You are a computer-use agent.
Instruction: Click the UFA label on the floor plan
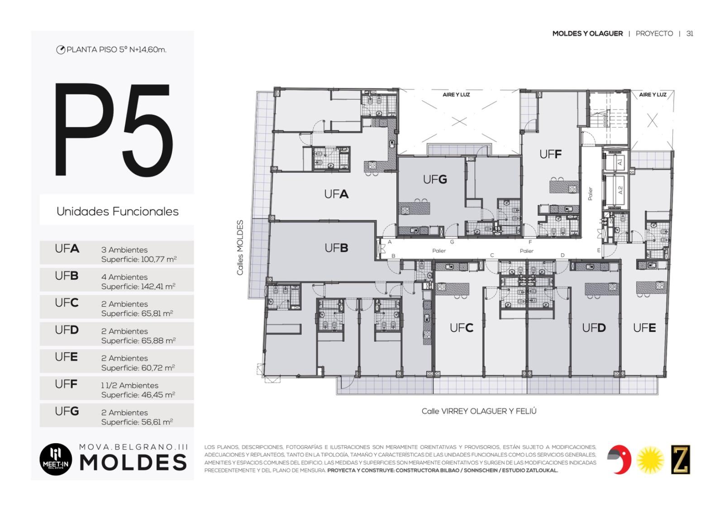pos(336,194)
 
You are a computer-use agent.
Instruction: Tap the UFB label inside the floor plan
pos(336,248)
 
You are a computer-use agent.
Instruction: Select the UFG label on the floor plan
pos(435,179)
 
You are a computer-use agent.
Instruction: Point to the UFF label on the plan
pos(550,154)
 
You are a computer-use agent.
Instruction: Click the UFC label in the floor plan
pos(462,328)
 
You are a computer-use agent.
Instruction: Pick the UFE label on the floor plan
pos(644,328)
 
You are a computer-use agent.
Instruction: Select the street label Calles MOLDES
pos(240,247)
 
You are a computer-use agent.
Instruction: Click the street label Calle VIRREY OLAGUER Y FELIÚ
pos(479,411)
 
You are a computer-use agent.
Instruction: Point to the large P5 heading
pos(113,130)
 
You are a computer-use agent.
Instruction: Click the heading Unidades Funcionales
pos(117,211)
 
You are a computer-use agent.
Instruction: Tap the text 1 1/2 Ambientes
pos(129,385)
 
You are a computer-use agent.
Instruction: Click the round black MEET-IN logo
pos(56,459)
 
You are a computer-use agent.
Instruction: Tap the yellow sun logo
pos(650,460)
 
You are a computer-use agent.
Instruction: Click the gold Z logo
pos(681,459)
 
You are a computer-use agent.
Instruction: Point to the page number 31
pos(690,33)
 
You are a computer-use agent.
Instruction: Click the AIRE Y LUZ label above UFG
pos(456,95)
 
